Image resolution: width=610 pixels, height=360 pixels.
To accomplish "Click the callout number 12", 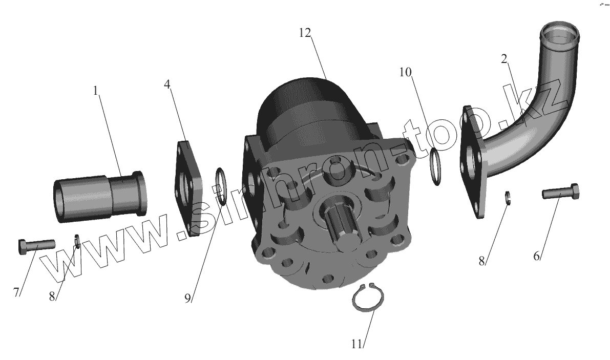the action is [x=305, y=33].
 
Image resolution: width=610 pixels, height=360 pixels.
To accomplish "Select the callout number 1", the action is [x=96, y=91].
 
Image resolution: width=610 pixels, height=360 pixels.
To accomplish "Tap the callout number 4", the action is [x=167, y=84].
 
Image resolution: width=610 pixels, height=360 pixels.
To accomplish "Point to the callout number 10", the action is [x=405, y=72].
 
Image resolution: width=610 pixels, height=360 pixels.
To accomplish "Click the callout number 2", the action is [x=504, y=59].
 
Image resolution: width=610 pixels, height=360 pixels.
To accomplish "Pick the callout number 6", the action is [x=536, y=256].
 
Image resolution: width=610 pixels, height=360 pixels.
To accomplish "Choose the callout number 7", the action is [x=16, y=292].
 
